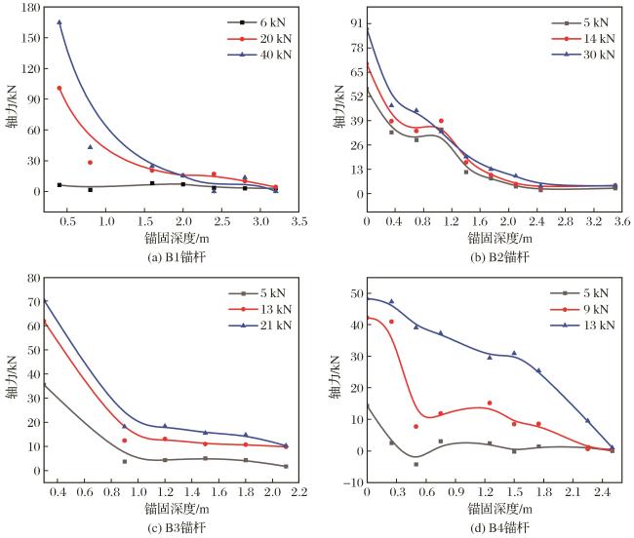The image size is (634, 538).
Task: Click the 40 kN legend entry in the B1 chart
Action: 259,55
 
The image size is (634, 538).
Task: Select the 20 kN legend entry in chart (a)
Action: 259,39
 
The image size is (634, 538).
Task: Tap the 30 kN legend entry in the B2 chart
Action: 583,55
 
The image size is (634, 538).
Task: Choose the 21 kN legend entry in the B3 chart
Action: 260,326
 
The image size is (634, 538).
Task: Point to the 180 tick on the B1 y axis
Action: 31,8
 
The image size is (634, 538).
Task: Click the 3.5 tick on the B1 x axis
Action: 298,221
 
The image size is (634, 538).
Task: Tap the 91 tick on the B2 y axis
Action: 356,23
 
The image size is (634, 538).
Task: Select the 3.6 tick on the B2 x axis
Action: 622,221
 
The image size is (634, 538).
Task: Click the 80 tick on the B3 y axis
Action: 34,278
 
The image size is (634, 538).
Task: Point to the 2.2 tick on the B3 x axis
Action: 298,492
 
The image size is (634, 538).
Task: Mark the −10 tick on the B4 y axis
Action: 353,482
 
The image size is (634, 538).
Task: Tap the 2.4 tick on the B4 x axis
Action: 603,492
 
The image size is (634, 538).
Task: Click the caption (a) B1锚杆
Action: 177,257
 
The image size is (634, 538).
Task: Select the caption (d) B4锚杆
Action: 499,527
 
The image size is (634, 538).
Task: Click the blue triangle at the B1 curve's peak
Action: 59,22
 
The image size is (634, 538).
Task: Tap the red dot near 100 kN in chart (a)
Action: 59,88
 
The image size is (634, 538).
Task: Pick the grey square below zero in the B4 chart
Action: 416,465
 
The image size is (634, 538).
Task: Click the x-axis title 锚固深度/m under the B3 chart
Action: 177,509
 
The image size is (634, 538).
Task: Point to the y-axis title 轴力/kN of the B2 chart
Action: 338,106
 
